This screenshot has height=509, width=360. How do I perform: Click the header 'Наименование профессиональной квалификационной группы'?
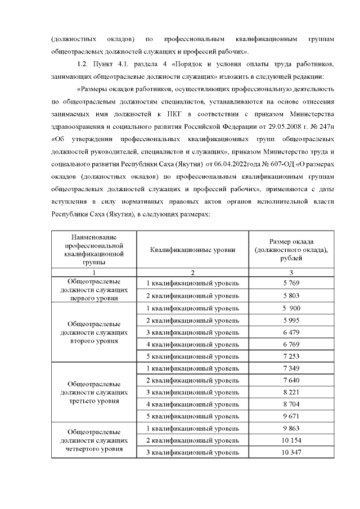94,250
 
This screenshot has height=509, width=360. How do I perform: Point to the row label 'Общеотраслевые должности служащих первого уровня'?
94,289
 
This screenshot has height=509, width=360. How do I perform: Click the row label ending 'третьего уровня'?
94,392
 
